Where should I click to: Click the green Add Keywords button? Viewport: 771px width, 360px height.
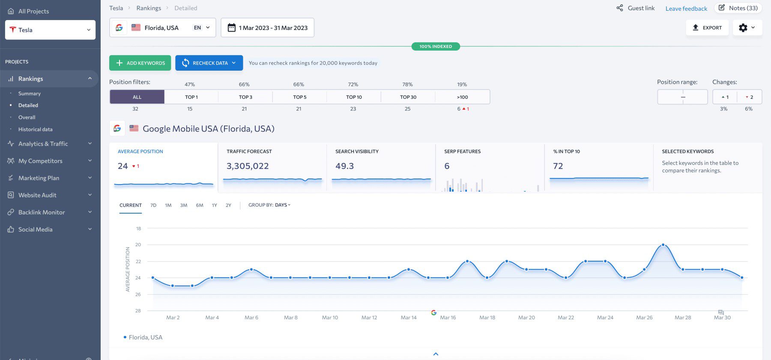pyautogui.click(x=140, y=63)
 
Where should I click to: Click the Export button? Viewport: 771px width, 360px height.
pyautogui.click(x=707, y=28)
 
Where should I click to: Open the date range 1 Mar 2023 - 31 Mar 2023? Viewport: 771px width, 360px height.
pyautogui.click(x=267, y=28)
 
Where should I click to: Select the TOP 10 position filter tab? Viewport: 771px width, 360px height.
pyautogui.click(x=354, y=97)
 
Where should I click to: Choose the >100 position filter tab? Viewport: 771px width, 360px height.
pyautogui.click(x=463, y=97)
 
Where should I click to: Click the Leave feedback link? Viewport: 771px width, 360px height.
pyautogui.click(x=686, y=9)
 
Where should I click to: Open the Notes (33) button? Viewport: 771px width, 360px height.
pyautogui.click(x=738, y=8)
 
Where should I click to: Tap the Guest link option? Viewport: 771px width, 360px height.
pyautogui.click(x=636, y=8)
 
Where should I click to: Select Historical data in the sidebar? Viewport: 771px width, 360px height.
pyautogui.click(x=36, y=129)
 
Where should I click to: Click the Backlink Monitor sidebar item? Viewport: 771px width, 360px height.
pyautogui.click(x=42, y=212)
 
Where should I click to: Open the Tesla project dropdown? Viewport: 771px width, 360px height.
pyautogui.click(x=50, y=30)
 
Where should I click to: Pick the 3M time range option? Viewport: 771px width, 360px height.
pyautogui.click(x=184, y=205)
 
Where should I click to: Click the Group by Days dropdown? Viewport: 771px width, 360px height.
pyautogui.click(x=269, y=205)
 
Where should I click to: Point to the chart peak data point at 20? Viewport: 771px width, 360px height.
pyautogui.click(x=663, y=245)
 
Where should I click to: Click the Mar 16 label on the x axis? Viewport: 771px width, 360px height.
pyautogui.click(x=448, y=318)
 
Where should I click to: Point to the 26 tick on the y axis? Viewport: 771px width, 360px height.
pyautogui.click(x=138, y=295)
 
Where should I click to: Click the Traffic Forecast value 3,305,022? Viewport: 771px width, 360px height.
pyautogui.click(x=248, y=166)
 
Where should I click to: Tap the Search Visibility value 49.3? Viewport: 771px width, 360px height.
pyautogui.click(x=344, y=166)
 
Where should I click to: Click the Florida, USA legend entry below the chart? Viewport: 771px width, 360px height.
pyautogui.click(x=145, y=337)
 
